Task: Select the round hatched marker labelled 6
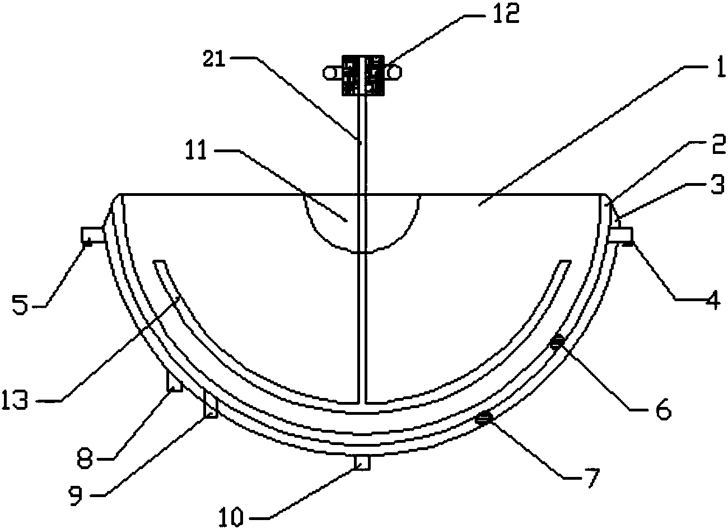click(x=556, y=343)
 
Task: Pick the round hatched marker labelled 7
click(x=484, y=417)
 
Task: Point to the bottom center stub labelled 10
click(x=363, y=462)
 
